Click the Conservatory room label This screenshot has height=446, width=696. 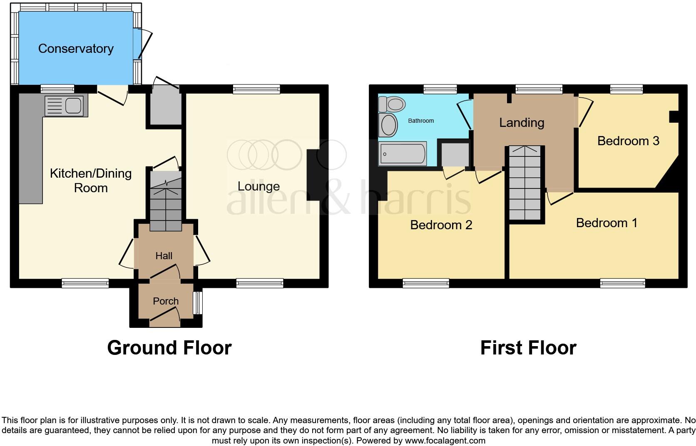tap(76, 49)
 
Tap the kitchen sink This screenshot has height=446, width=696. tap(65, 106)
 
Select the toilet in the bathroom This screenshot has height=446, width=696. tap(392, 104)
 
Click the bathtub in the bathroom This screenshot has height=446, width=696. tap(403, 154)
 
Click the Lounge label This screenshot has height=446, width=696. tap(259, 186)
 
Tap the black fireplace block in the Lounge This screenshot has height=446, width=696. tap(313, 176)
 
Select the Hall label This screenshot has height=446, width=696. tap(164, 256)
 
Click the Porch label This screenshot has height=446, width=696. tap(166, 301)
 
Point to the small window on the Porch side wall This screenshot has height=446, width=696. tap(198, 303)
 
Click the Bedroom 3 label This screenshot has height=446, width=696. tap(628, 141)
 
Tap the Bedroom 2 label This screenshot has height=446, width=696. tap(441, 225)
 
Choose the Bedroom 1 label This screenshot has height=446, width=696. tap(607, 223)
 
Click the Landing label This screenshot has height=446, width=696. tap(522, 123)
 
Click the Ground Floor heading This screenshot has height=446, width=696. tap(169, 348)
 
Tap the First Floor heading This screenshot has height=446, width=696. tap(528, 348)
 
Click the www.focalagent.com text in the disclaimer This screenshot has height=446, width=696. tap(445, 441)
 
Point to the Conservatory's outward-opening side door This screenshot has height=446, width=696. tap(144, 43)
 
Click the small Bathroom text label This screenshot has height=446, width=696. tap(420, 121)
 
